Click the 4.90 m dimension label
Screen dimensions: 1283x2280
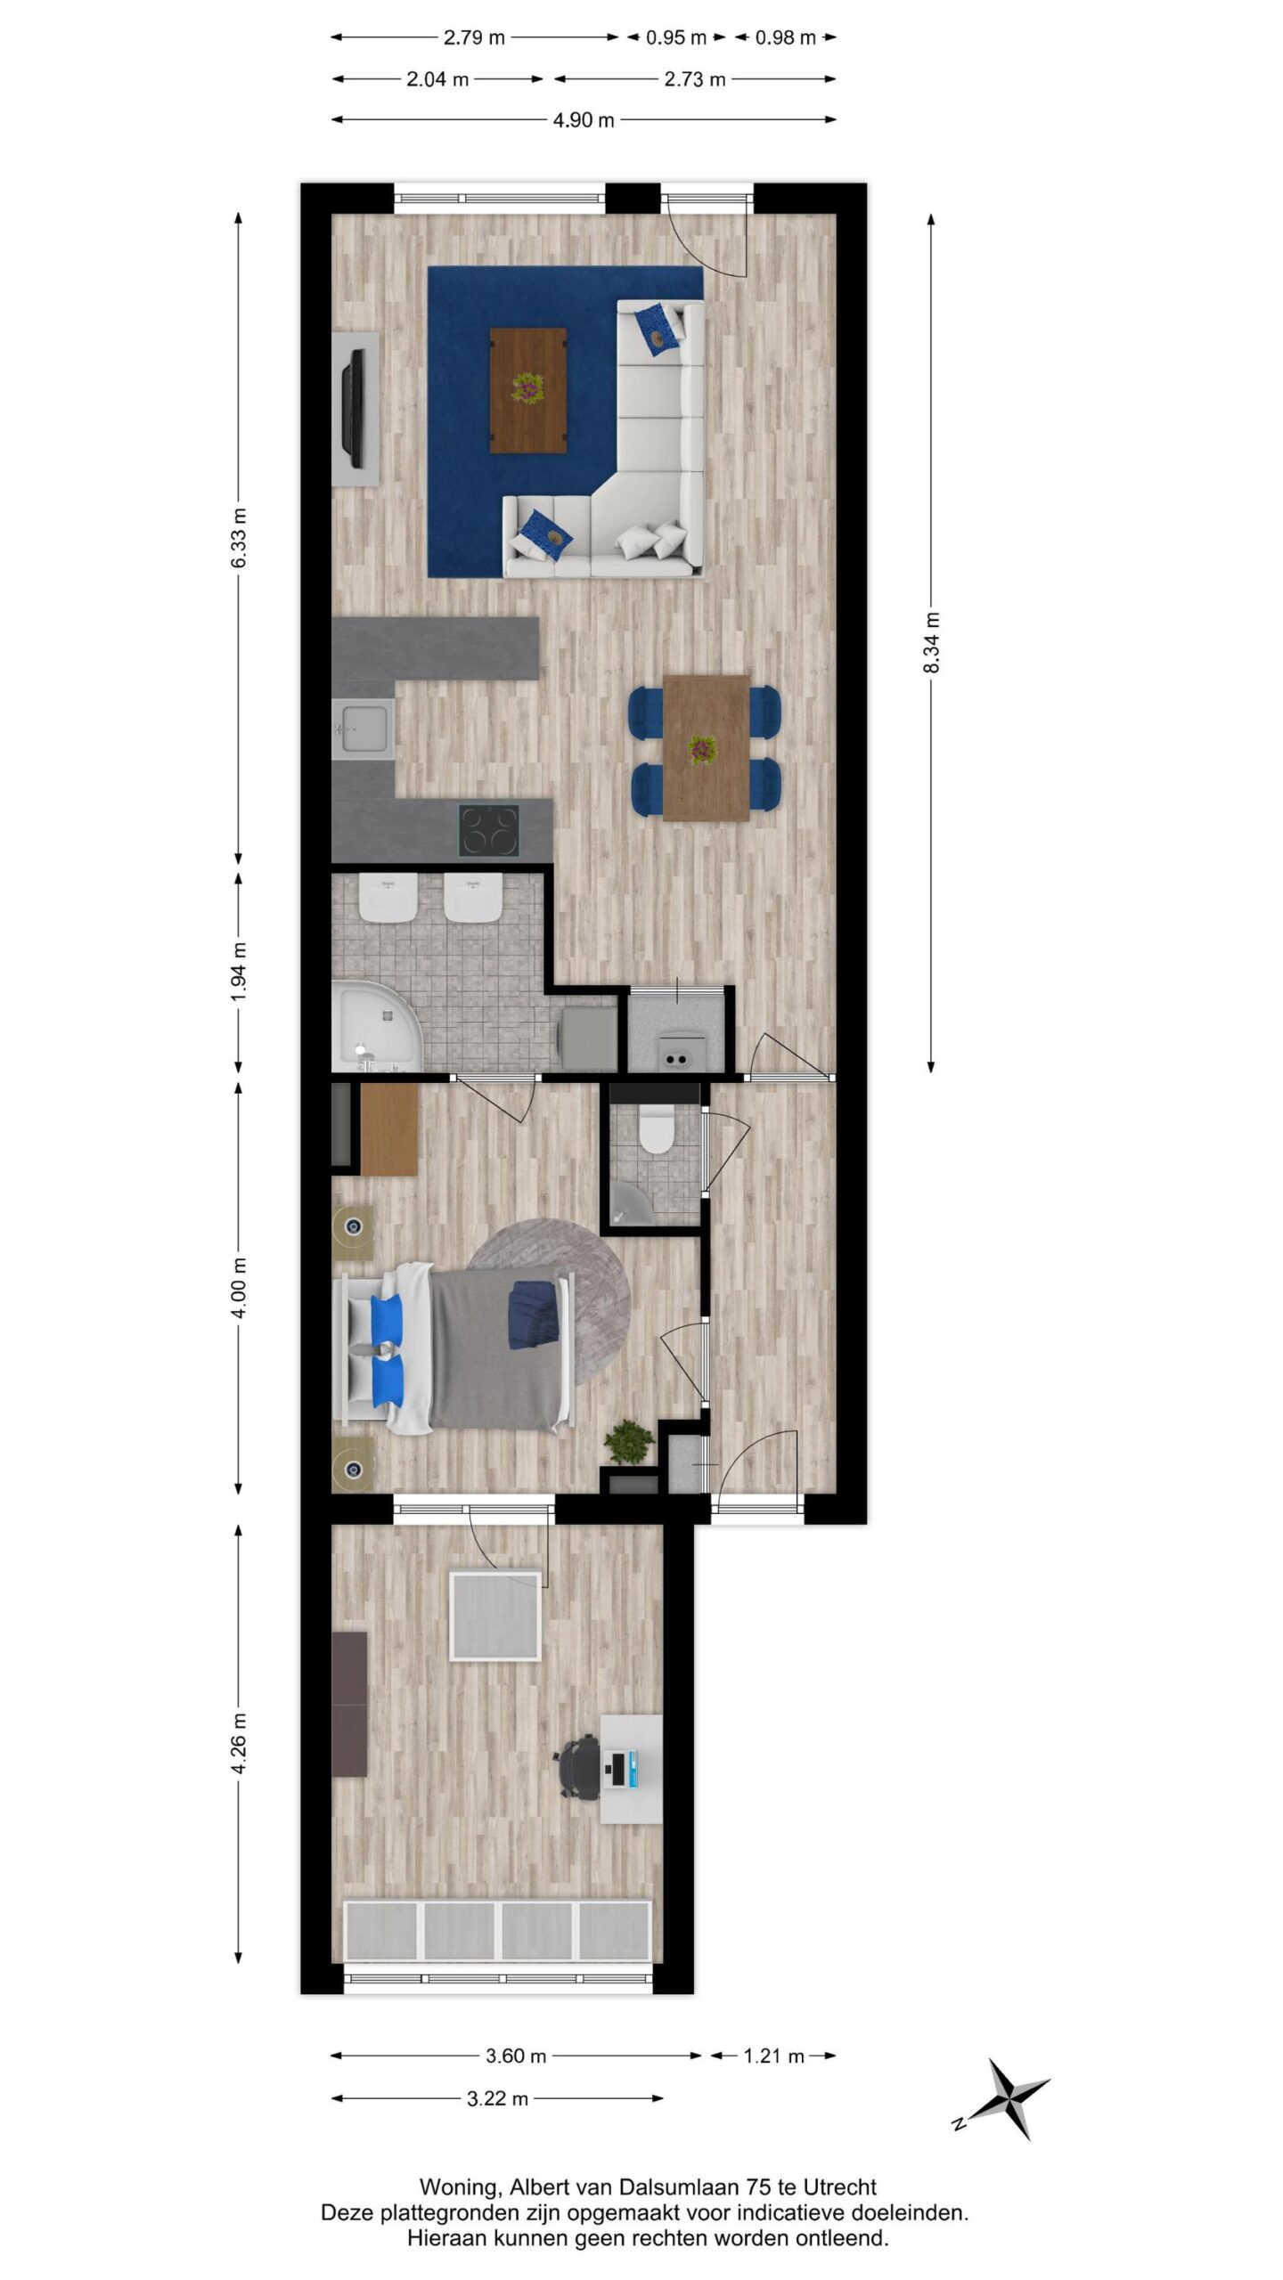tap(584, 120)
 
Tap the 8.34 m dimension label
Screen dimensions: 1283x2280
tap(932, 643)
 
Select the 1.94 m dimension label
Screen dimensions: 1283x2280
tap(239, 971)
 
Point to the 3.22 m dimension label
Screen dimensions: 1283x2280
tap(498, 2098)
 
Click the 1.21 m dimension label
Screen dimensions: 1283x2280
tap(774, 2056)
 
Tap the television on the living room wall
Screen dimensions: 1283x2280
tap(355, 409)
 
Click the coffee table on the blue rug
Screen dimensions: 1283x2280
tap(528, 390)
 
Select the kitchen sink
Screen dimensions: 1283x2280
tap(364, 729)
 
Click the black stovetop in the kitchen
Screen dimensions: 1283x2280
tap(489, 830)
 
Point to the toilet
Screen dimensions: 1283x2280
tap(657, 1129)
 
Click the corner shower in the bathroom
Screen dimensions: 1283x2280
tap(378, 1026)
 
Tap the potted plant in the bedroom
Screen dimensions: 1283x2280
tap(629, 1440)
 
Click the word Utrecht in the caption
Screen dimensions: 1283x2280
tap(840, 2187)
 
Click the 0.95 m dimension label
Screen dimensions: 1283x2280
tap(676, 37)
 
